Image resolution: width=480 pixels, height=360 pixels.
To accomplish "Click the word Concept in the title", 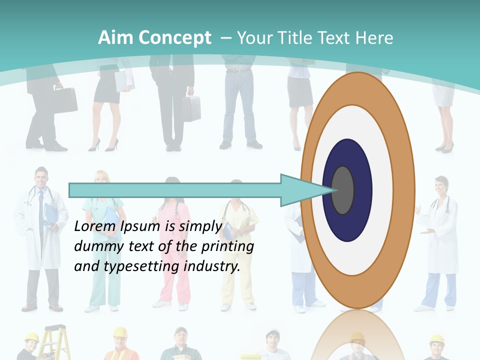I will click(x=175, y=38).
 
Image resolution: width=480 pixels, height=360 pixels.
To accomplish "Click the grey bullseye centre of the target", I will click(x=342, y=190).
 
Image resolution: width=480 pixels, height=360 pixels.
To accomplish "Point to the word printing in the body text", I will click(x=227, y=246).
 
